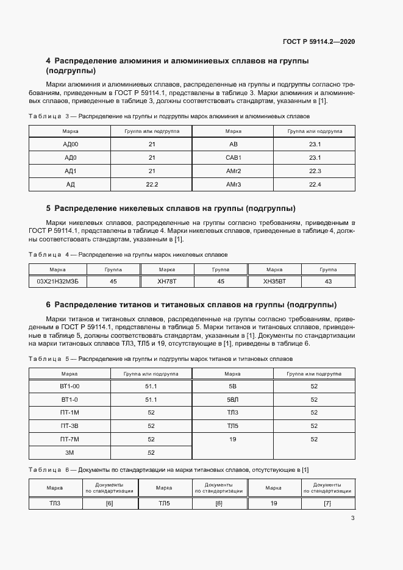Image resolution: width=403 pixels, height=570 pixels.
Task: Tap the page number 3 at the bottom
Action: tap(352, 519)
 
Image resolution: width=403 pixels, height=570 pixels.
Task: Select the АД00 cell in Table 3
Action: tap(70, 144)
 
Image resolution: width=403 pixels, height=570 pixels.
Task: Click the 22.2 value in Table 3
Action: tap(152, 184)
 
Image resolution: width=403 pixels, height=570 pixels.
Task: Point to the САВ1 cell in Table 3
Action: tap(234, 157)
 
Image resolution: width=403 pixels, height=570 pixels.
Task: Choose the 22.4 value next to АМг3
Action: tap(315, 184)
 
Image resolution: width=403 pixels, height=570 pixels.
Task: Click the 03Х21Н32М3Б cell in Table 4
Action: tap(58, 282)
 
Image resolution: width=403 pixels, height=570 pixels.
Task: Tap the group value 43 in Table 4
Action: tap(328, 282)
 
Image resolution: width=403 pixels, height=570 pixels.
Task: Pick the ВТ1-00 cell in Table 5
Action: tap(70, 387)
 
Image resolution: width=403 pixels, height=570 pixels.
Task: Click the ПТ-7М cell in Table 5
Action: tap(70, 439)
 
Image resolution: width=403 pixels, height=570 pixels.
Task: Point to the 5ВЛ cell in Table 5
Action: tap(233, 400)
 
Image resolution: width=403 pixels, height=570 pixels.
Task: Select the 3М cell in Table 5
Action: tap(70, 452)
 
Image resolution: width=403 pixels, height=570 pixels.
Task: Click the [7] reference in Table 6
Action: tap(327, 503)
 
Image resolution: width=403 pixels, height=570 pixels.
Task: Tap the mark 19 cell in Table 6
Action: tap(274, 503)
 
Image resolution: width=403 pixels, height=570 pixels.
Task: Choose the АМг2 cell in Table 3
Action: tap(234, 171)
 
